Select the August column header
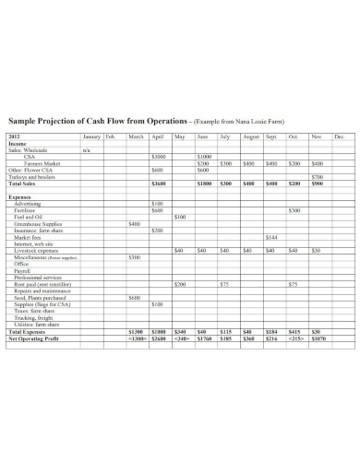(250, 137)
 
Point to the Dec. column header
(339, 137)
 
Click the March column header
(135, 137)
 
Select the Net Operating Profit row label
(34, 338)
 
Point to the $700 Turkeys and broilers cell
(317, 176)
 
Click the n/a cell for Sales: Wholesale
(87, 149)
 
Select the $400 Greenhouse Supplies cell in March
(135, 223)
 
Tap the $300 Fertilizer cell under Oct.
(294, 210)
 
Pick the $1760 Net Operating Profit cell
(204, 338)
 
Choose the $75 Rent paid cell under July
(224, 284)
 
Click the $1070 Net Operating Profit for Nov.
(317, 338)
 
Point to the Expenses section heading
(20, 196)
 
